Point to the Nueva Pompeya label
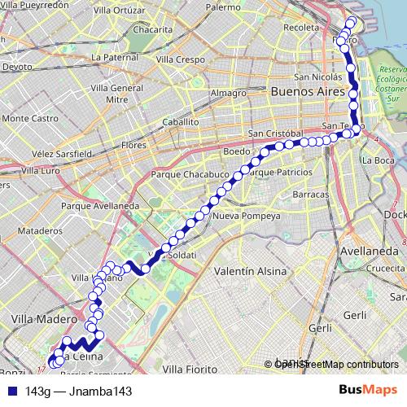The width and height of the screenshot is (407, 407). pos(246,217)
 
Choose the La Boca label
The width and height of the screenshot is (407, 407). pos(379,160)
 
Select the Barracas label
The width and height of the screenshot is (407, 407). pos(309,195)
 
